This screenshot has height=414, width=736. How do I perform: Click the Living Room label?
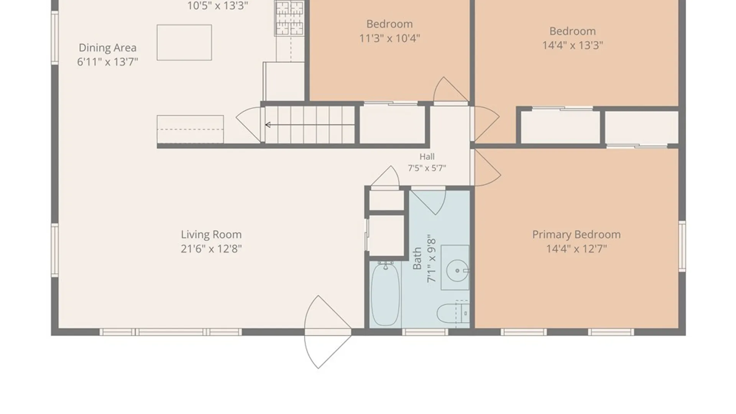[x=211, y=234]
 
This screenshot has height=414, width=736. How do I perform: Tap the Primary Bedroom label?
[x=576, y=234]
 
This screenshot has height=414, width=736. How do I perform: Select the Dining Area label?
[x=107, y=48]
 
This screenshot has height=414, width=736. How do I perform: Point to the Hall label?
[x=427, y=156]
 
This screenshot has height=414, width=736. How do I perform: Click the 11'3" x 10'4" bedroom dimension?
[x=389, y=38]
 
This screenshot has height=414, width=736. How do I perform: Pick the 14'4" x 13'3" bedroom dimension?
[x=572, y=45]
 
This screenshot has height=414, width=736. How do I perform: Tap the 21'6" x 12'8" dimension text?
[x=211, y=248]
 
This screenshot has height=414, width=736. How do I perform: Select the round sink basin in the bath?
[x=457, y=271]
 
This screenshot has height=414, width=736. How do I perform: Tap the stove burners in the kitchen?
[x=289, y=18]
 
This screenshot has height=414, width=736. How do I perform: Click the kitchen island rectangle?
[x=184, y=43]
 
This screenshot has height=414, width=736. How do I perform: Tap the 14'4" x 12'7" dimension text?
[x=576, y=248]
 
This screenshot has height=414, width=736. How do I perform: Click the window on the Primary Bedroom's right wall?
[x=682, y=246]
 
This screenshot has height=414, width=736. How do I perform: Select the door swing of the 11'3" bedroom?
[x=451, y=90]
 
